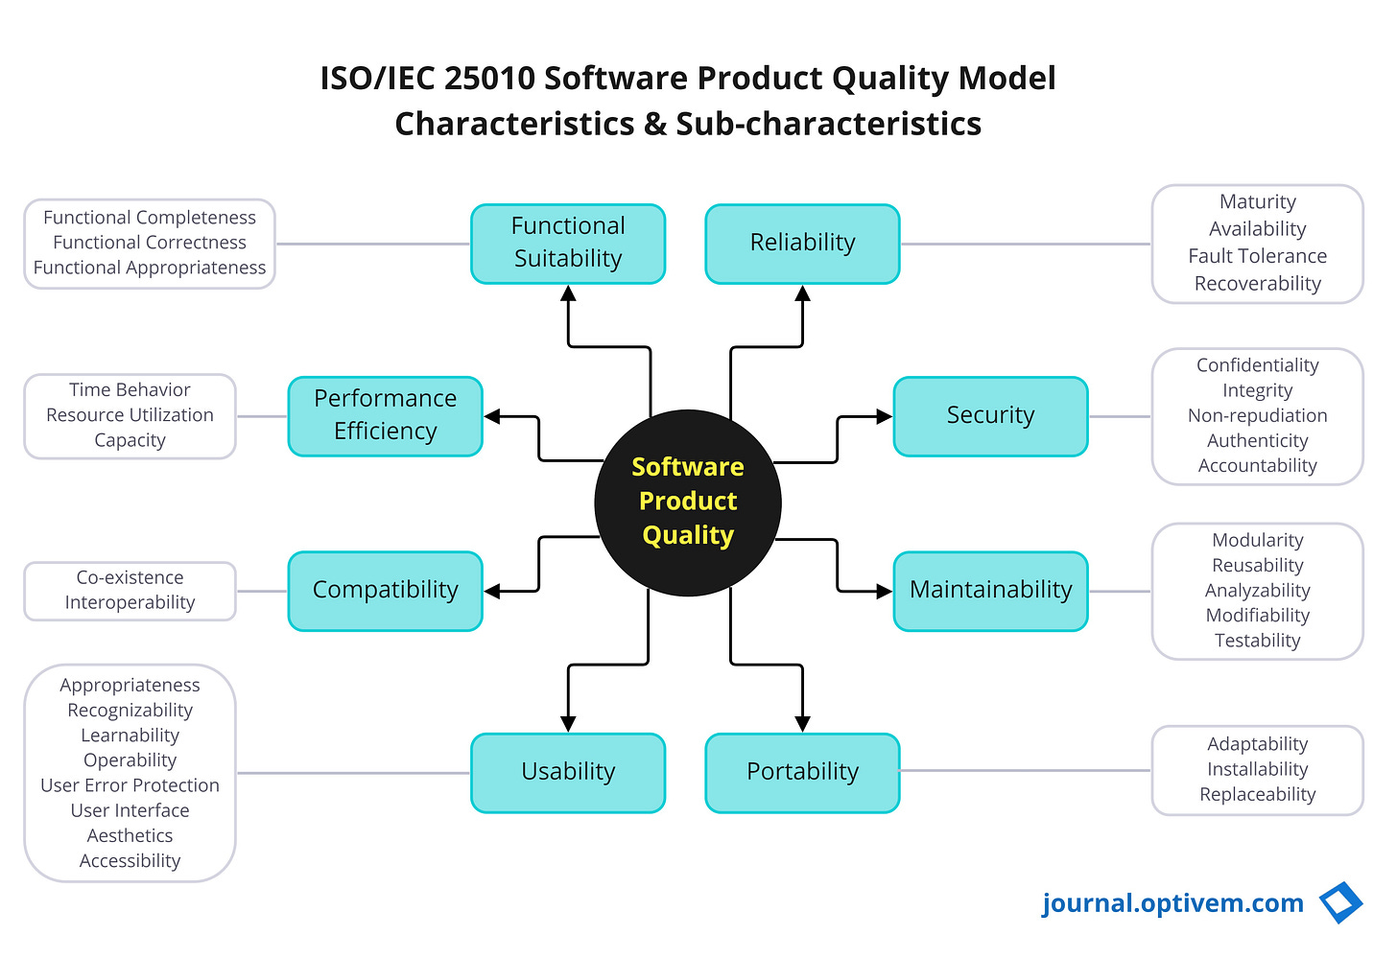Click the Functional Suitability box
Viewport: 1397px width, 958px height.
click(x=568, y=244)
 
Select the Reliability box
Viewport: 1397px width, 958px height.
click(x=802, y=244)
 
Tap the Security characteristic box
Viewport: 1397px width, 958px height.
click(x=990, y=416)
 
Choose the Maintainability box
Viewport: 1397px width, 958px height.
click(x=990, y=591)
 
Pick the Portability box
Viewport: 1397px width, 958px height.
click(x=802, y=773)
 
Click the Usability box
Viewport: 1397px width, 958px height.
click(x=568, y=773)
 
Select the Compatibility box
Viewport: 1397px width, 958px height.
click(x=385, y=591)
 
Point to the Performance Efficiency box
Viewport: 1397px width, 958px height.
click(x=385, y=416)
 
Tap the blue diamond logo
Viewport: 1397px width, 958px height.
click(x=1341, y=903)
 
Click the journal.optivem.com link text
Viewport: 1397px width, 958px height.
click(x=1172, y=903)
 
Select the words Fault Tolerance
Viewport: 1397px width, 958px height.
click(x=1257, y=256)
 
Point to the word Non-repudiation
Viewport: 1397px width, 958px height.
click(x=1257, y=415)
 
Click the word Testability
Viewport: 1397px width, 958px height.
click(x=1257, y=641)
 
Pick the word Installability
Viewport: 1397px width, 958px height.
click(x=1257, y=769)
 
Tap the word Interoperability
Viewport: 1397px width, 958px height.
click(x=130, y=602)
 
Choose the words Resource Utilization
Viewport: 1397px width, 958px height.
click(x=130, y=415)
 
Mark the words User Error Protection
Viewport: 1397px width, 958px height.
click(x=130, y=785)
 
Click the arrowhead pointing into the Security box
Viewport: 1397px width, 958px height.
click(x=885, y=417)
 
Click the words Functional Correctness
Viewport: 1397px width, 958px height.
click(x=150, y=243)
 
